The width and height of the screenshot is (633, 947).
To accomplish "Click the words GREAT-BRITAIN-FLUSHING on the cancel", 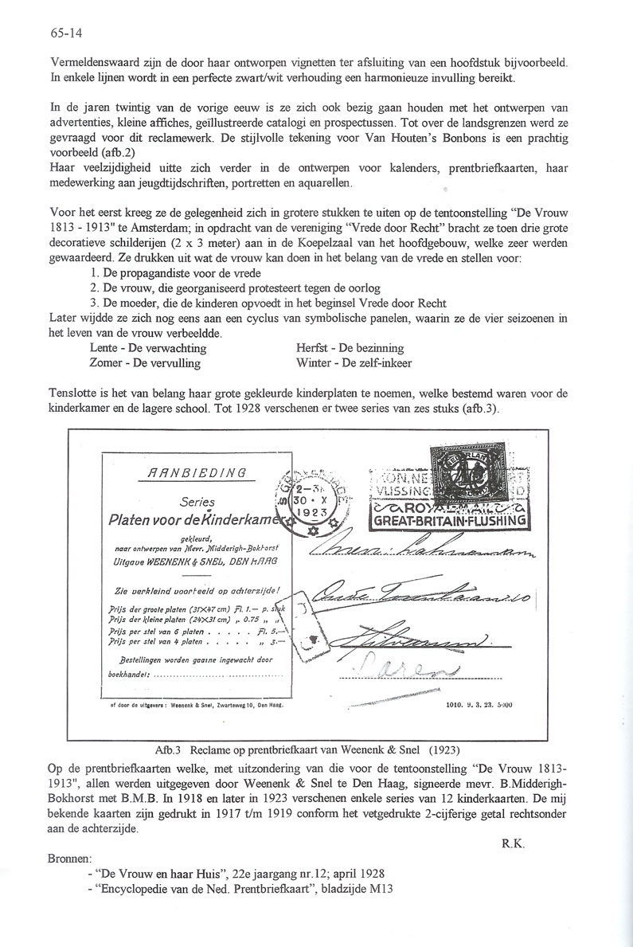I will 451,522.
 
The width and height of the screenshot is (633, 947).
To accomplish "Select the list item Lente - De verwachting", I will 149,348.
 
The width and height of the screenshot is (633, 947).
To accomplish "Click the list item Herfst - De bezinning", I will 349,348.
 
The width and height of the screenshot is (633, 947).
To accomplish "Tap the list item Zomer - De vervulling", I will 146,362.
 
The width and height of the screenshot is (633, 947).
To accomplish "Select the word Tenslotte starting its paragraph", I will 73,393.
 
